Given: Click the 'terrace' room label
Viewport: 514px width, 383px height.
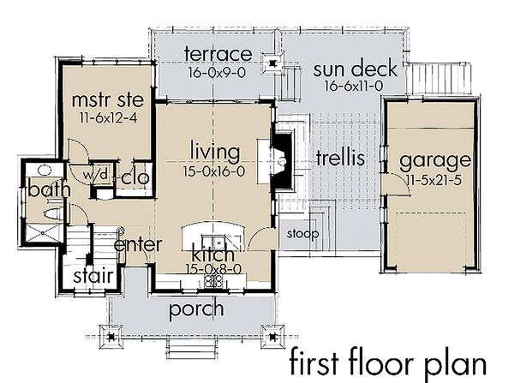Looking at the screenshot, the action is coord(218,54).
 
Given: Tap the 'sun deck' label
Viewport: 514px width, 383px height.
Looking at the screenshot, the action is coord(356,69).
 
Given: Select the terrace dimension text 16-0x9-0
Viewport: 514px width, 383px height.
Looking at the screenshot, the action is coord(217,73).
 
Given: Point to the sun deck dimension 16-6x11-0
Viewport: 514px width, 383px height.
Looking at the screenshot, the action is coord(354,87).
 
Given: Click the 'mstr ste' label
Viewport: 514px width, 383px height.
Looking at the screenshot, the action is coord(108,99).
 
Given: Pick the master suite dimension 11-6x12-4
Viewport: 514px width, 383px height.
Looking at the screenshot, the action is coord(109,117).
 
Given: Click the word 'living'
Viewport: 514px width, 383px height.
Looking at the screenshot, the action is coord(215,153).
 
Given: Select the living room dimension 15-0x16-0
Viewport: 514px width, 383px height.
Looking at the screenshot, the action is coord(214,171).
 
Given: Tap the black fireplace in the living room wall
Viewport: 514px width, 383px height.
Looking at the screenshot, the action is coord(281,160).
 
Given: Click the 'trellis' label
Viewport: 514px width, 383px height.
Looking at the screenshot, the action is coord(341,158).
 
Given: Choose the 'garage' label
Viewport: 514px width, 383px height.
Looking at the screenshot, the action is coord(435,161).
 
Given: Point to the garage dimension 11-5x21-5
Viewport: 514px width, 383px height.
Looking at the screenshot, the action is coord(433,180).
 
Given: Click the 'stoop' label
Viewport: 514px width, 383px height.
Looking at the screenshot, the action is coord(302,234).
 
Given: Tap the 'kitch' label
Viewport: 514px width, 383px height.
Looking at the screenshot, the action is coord(213,254).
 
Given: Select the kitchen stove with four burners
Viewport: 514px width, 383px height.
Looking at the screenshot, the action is coord(213,281).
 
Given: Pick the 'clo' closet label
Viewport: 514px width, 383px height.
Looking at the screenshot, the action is coord(135,178).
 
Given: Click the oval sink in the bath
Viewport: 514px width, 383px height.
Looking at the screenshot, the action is coord(45,170).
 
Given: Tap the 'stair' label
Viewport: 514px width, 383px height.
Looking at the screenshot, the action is coord(93,276).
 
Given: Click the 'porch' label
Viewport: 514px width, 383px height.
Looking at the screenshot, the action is coord(196,309).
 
